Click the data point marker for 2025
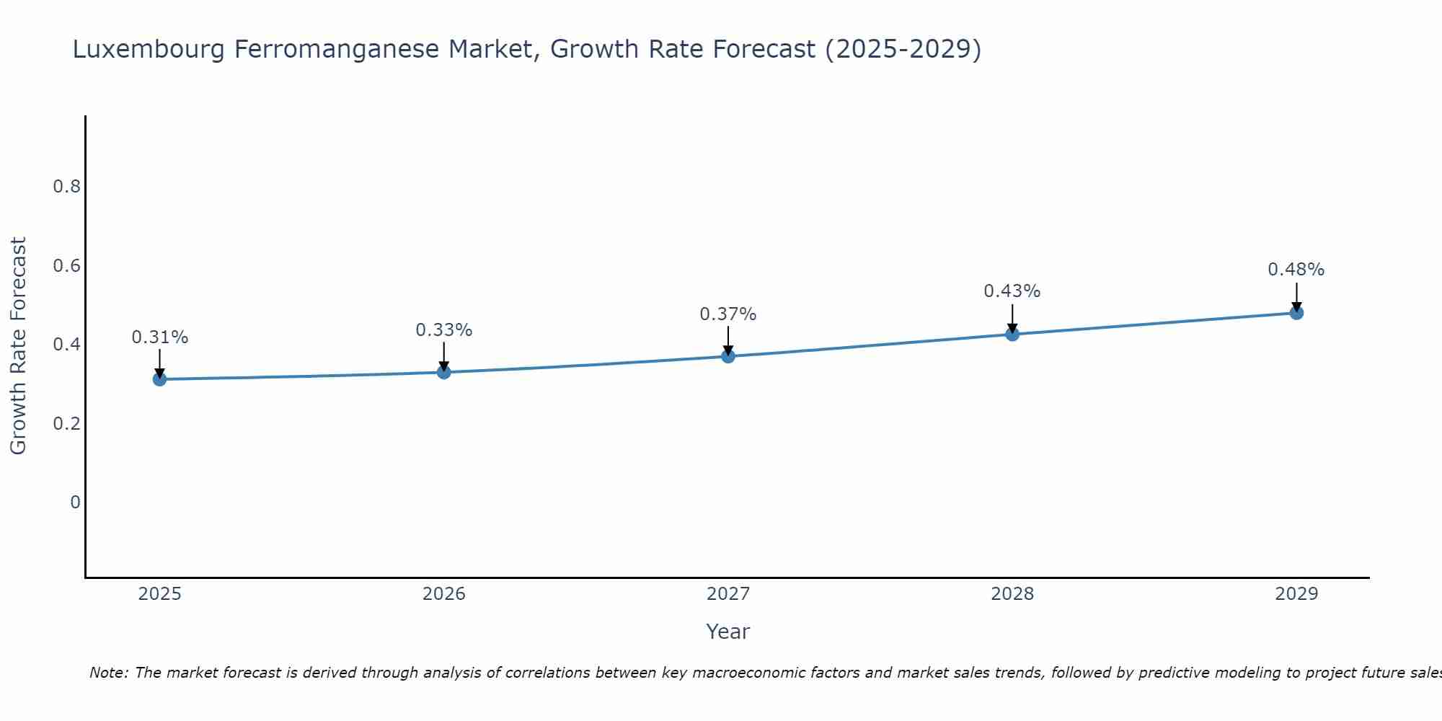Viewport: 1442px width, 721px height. point(159,379)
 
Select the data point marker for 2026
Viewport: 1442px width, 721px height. point(444,372)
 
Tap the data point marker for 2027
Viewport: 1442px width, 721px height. point(728,356)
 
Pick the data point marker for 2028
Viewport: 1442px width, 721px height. point(1012,334)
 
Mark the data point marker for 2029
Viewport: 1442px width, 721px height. point(1296,313)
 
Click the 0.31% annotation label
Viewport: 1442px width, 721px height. point(159,337)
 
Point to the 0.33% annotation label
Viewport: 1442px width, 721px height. point(444,330)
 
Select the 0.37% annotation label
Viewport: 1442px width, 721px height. point(728,314)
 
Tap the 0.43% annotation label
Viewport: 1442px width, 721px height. point(1012,291)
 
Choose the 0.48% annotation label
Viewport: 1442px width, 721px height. point(1296,270)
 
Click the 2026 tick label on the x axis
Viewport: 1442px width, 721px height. point(444,594)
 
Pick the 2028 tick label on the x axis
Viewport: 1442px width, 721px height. point(1012,594)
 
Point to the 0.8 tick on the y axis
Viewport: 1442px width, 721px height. point(66,187)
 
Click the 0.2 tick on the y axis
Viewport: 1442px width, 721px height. point(66,423)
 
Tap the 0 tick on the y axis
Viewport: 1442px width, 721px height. point(75,502)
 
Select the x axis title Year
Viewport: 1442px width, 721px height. point(728,632)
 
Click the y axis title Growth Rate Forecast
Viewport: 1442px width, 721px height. point(19,345)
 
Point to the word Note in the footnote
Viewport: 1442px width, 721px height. point(108,673)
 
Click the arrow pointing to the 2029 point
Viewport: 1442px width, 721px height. point(1296,296)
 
